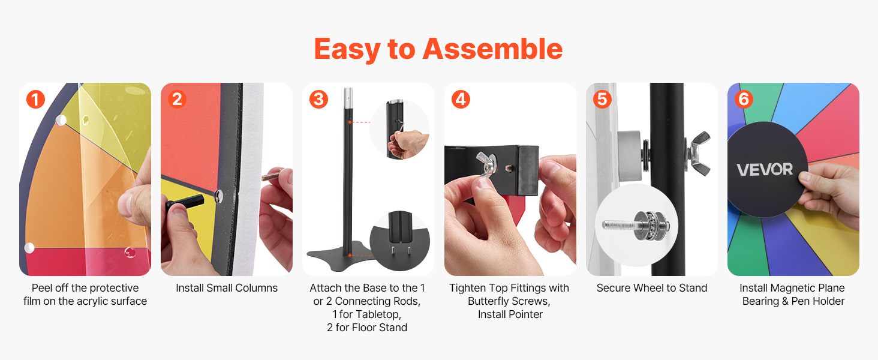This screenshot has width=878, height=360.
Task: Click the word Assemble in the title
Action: pyautogui.click(x=492, y=49)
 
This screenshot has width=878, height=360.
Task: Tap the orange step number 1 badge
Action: pyautogui.click(x=35, y=99)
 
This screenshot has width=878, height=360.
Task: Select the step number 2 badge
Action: pyautogui.click(x=177, y=99)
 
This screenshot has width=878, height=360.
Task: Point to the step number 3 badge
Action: pyautogui.click(x=318, y=99)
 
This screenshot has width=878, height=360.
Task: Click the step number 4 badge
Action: pyautogui.click(x=461, y=99)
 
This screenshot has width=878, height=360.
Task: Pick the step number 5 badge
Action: pyautogui.click(x=603, y=99)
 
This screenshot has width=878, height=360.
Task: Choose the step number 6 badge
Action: pyautogui.click(x=744, y=99)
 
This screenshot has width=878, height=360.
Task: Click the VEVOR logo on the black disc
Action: pyautogui.click(x=765, y=170)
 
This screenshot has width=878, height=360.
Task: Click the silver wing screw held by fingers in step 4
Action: pyautogui.click(x=486, y=166)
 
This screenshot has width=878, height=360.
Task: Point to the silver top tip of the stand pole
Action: pyautogui.click(x=348, y=98)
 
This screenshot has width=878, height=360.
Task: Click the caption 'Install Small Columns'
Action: pyautogui.click(x=227, y=288)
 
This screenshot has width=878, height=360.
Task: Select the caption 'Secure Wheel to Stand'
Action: pyautogui.click(x=652, y=288)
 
